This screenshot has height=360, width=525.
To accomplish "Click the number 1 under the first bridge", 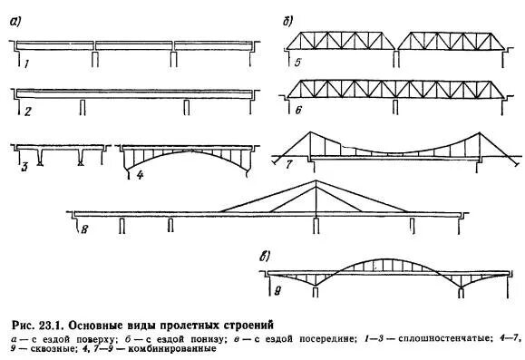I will click(x=28, y=64).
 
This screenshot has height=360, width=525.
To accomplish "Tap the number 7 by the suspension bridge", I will click(x=289, y=166).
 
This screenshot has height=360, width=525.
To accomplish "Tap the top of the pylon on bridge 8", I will click(x=315, y=180).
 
